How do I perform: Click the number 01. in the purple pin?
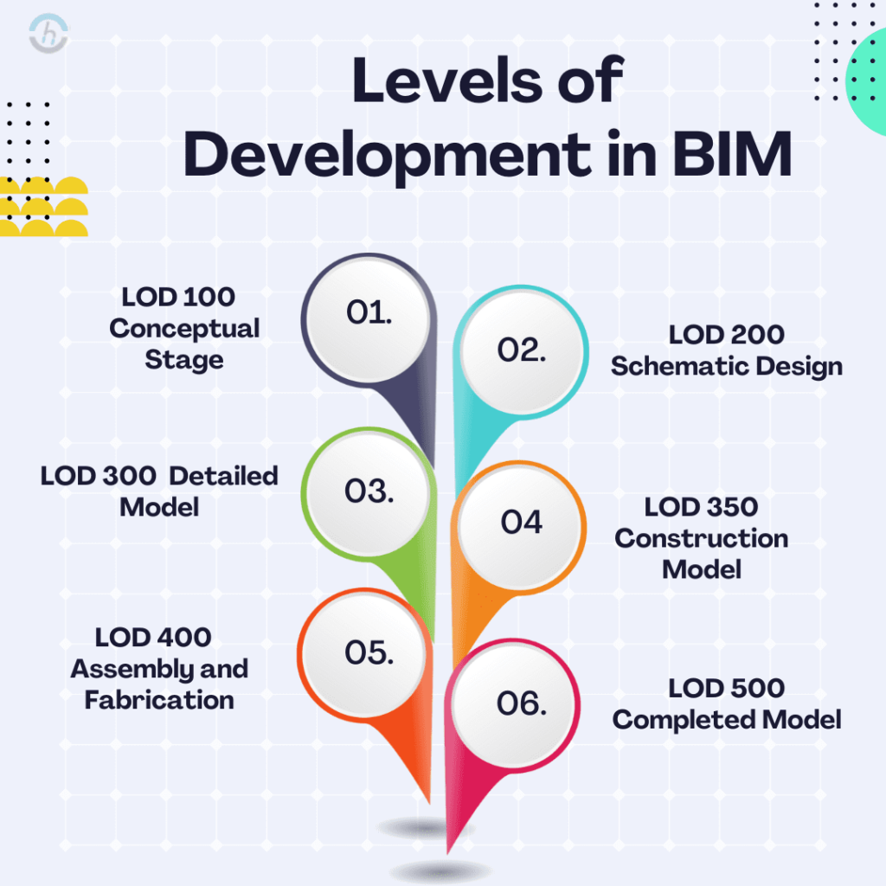click(x=369, y=313)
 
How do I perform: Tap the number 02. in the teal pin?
click(x=522, y=349)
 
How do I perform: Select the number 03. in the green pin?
click(x=369, y=491)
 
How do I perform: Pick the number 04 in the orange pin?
click(x=522, y=522)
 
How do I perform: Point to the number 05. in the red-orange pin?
click(x=369, y=652)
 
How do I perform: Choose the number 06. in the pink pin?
click(x=521, y=703)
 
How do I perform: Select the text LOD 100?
click(x=178, y=297)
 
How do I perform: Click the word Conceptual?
click(x=184, y=328)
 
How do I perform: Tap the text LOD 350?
click(x=701, y=506)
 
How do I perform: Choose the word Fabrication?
click(x=159, y=699)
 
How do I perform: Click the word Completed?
click(x=679, y=719)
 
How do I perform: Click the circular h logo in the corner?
click(x=48, y=35)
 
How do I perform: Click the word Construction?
click(x=702, y=538)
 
